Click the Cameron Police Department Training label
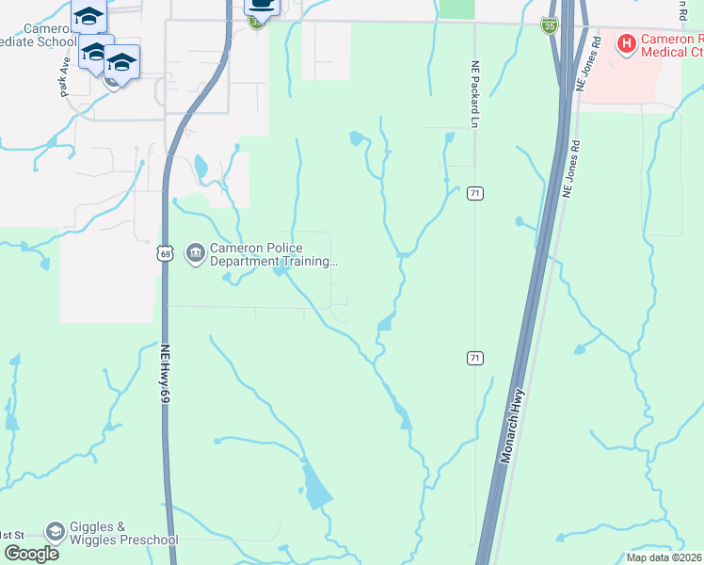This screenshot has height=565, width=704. pyautogui.click(x=273, y=255)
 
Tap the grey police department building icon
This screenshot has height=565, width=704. pyautogui.click(x=196, y=254)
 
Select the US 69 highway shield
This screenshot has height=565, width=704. pyautogui.click(x=166, y=253)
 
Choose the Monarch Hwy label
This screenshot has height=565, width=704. pyautogui.click(x=515, y=428)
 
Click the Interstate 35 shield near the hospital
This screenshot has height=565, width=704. pyautogui.click(x=550, y=25)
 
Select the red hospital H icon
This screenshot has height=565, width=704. pyautogui.click(x=627, y=42)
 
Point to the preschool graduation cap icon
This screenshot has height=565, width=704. pyautogui.click(x=56, y=533)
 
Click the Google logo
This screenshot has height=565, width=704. pyautogui.click(x=30, y=554)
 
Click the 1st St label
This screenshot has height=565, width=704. pyautogui.click(x=11, y=534)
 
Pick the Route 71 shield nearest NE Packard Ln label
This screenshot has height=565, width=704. pyautogui.click(x=475, y=193)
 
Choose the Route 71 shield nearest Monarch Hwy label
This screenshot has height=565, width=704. pyautogui.click(x=475, y=358)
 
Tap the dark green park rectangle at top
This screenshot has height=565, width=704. pyautogui.click(x=457, y=8)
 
